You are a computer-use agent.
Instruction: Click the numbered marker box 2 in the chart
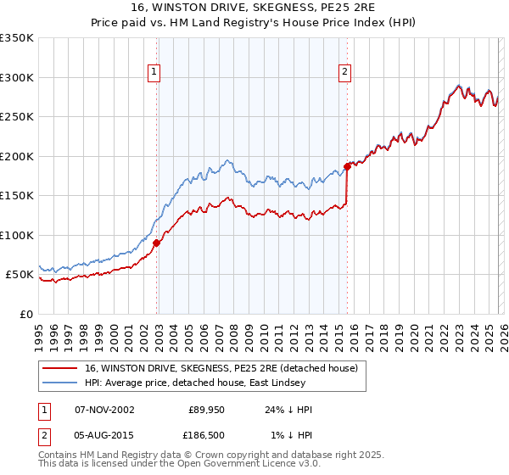[345, 73]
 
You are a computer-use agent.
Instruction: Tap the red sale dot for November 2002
[157, 243]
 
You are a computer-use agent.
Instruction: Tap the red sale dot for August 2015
[347, 167]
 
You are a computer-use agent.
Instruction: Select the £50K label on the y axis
[20, 275]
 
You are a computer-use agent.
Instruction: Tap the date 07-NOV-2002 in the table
[104, 410]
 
